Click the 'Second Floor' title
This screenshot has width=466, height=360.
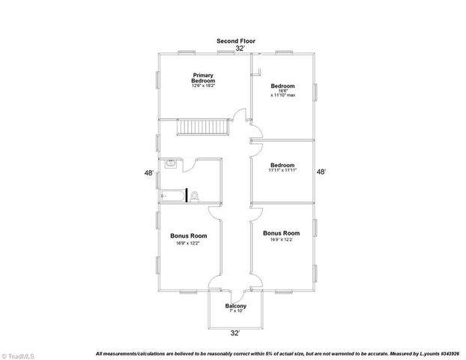point(237,40)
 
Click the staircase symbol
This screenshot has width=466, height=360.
point(201,127)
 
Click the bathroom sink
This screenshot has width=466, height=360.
point(171,163)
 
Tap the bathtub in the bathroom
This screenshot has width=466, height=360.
point(173,196)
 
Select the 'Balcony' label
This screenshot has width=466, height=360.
point(236,306)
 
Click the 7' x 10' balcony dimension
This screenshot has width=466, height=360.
point(236,312)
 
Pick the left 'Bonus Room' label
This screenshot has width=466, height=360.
point(189,236)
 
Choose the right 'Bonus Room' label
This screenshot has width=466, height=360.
point(282,233)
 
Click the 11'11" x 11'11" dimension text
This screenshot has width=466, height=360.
point(282,171)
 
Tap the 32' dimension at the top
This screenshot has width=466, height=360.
point(240,47)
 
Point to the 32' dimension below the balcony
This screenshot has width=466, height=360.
point(235,332)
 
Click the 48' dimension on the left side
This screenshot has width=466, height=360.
point(150,173)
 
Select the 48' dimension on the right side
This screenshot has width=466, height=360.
point(321,172)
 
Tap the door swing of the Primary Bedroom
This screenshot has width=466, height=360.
point(240,115)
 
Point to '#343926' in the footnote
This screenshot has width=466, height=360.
point(450,353)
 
